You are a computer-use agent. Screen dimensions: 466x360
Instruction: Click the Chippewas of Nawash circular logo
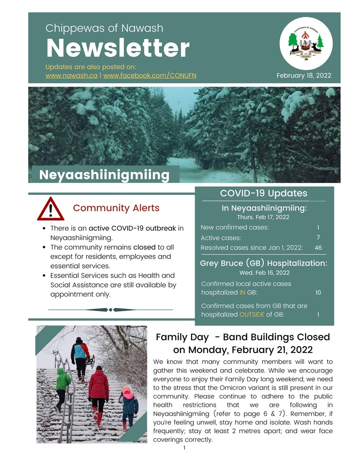point(306,43)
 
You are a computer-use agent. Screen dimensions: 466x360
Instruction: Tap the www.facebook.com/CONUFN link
point(150,75)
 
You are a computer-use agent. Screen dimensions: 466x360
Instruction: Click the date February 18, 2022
point(304,75)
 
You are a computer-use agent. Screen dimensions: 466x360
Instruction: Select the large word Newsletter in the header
point(118,49)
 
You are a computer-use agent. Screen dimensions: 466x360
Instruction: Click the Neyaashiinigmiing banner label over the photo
point(104,175)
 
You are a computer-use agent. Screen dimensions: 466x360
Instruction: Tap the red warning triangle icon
point(51,209)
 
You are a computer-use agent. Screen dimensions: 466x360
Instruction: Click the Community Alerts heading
point(116,208)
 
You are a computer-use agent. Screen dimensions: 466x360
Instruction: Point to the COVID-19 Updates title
point(263,193)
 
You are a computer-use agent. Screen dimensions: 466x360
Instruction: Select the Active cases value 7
point(318,238)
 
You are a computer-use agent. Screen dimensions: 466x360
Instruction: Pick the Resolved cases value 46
point(318,248)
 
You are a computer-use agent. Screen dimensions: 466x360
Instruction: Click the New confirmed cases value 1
point(318,228)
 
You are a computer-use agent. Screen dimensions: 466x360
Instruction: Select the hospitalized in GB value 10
point(318,293)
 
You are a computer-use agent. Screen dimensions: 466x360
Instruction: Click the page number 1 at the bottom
point(184,448)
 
